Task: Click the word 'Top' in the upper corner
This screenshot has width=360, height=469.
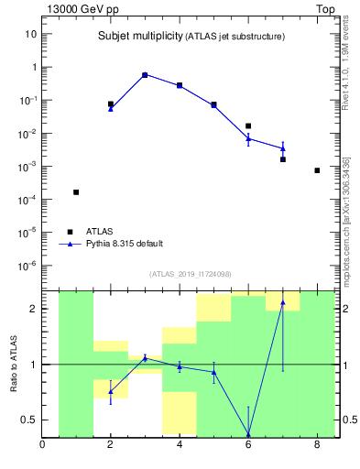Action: (325, 8)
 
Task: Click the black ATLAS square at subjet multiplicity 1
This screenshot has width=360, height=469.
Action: (76, 192)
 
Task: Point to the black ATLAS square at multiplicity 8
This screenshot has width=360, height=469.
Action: (317, 170)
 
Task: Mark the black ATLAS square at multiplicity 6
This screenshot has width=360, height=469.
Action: (248, 125)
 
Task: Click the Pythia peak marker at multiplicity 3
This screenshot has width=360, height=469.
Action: (145, 75)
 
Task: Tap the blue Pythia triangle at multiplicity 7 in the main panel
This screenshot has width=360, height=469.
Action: (283, 148)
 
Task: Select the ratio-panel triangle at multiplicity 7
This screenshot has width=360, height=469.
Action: (283, 302)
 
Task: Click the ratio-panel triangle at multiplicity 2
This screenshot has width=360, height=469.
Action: (111, 391)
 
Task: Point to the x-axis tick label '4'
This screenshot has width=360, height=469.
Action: (180, 446)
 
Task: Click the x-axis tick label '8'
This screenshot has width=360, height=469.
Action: (317, 446)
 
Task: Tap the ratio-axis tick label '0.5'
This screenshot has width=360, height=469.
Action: (28, 420)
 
